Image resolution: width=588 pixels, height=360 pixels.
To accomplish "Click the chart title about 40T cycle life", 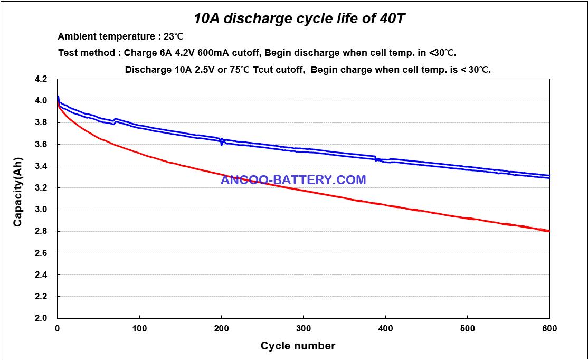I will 300,18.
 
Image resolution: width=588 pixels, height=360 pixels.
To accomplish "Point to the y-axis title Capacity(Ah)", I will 18,197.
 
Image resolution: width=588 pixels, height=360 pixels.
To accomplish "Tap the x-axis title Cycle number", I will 298,346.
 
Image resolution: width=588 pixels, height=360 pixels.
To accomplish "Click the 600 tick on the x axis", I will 549,328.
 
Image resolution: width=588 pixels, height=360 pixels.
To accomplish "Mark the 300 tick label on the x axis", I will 303,328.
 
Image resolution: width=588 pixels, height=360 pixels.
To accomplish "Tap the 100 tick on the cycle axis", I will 139,328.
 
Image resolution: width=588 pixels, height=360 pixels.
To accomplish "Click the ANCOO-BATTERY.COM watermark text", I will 293,180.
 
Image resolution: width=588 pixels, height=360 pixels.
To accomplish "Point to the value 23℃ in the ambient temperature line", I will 173,36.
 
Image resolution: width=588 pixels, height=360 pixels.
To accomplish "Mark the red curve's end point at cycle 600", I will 549,231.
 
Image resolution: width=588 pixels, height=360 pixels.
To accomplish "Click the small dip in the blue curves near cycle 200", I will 222,141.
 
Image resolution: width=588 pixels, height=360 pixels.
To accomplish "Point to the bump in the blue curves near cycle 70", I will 116,121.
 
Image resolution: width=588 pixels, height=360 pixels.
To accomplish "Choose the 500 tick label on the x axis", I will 467,328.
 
